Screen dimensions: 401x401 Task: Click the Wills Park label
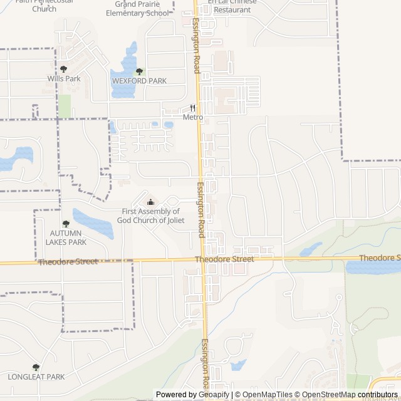(64, 79)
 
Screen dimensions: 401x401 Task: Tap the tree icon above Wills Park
(64, 69)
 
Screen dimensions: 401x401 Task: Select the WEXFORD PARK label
(139, 81)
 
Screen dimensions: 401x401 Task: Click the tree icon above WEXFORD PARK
(139, 71)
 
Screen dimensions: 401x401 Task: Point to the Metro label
(192, 117)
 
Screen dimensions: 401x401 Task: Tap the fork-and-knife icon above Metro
(192, 108)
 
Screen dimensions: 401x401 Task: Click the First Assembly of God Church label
(150, 216)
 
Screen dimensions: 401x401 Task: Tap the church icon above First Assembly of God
(150, 202)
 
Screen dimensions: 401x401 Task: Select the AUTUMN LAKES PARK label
(65, 237)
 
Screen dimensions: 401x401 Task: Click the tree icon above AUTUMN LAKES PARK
(65, 223)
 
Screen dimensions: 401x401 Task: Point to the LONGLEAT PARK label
(36, 377)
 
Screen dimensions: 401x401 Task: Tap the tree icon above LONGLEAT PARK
(36, 367)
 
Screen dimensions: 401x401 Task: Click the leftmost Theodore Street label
(68, 262)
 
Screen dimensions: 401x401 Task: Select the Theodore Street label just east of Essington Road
(224, 259)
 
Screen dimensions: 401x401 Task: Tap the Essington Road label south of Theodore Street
(205, 363)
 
